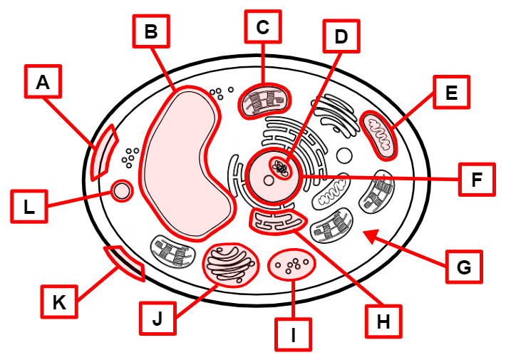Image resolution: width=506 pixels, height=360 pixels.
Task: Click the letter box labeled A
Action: click(43, 83)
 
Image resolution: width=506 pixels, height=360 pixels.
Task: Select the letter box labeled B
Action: click(150, 31)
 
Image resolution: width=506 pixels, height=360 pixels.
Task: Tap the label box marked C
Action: click(262, 28)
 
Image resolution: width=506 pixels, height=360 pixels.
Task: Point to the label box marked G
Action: click(463, 267)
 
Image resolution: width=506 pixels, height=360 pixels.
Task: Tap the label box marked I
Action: click(293, 334)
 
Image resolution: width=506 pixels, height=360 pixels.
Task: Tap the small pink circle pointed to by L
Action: click(121, 190)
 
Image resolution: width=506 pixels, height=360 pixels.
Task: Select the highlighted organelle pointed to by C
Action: click(263, 101)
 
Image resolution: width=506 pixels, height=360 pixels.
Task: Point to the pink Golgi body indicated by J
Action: click(230, 264)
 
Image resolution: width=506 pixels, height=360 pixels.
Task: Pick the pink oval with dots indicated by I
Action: click(291, 265)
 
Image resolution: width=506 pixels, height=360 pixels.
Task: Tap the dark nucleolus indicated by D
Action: click(282, 168)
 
